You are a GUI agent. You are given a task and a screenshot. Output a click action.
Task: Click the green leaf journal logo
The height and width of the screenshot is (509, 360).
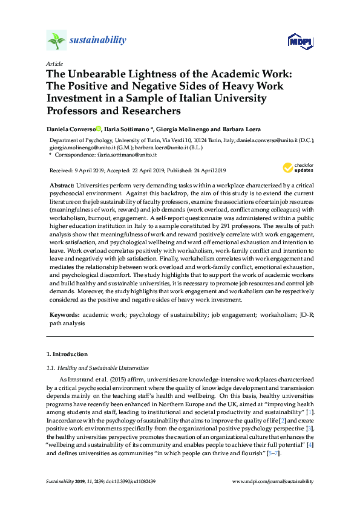point(56,41)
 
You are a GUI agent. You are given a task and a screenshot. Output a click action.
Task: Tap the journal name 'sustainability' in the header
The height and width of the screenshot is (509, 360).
point(97,41)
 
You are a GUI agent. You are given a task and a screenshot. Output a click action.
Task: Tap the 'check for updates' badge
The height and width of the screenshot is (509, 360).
point(296,167)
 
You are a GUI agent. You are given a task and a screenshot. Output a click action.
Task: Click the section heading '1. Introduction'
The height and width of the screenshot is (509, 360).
point(67,354)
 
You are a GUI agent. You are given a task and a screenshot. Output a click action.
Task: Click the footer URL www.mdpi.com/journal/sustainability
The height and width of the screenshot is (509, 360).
point(273,482)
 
